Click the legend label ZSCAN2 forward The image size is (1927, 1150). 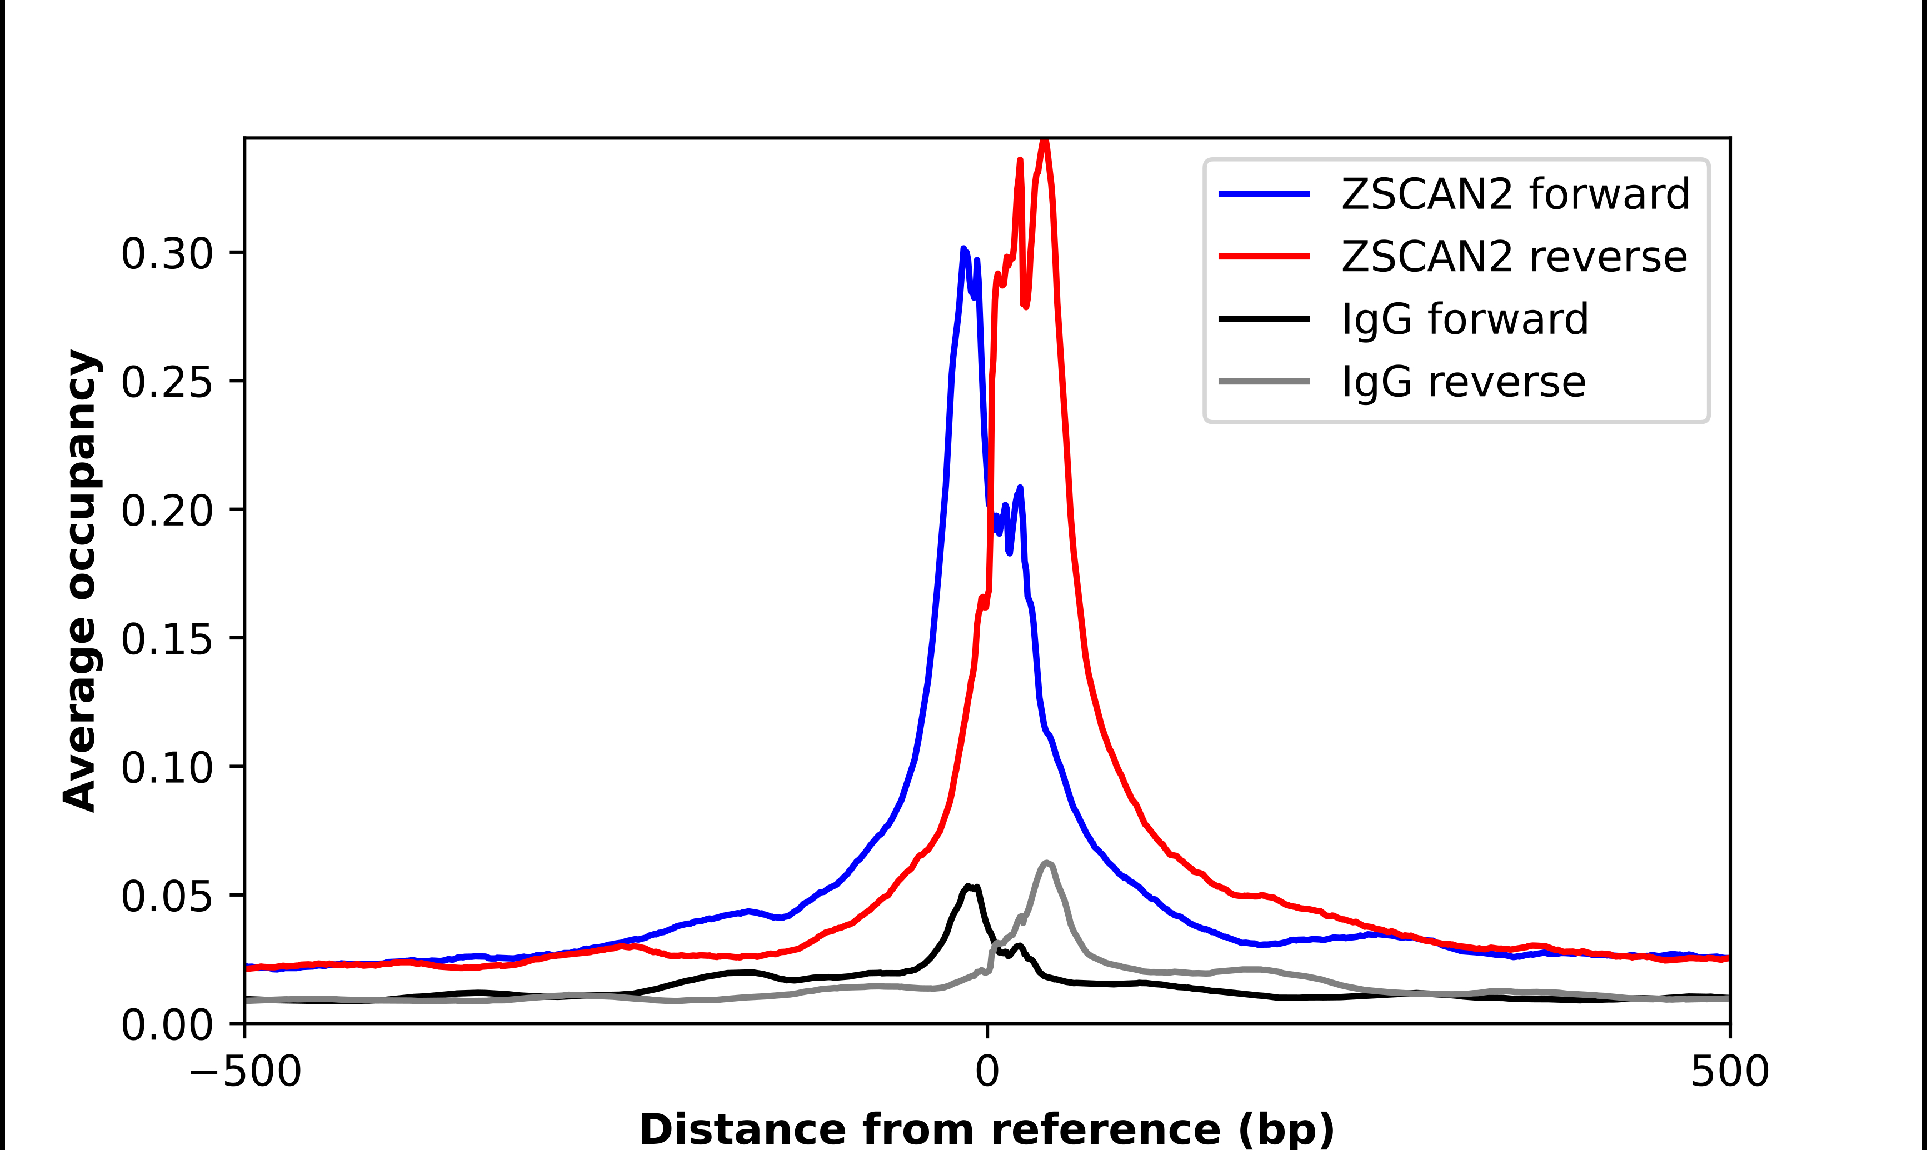point(1515,194)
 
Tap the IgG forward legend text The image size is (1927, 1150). point(1465,319)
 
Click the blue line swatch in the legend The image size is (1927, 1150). point(1265,194)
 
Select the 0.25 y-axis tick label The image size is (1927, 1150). point(167,382)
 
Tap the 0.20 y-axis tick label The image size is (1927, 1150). point(167,511)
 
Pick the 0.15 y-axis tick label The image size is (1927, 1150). point(167,639)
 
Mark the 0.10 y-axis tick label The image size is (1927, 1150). point(167,767)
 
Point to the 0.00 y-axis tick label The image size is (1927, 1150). point(167,1024)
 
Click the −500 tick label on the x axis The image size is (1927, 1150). point(245,1072)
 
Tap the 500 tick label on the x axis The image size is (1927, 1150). point(1729,1072)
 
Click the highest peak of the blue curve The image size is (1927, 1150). point(963,249)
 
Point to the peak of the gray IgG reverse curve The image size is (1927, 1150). point(1047,862)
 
